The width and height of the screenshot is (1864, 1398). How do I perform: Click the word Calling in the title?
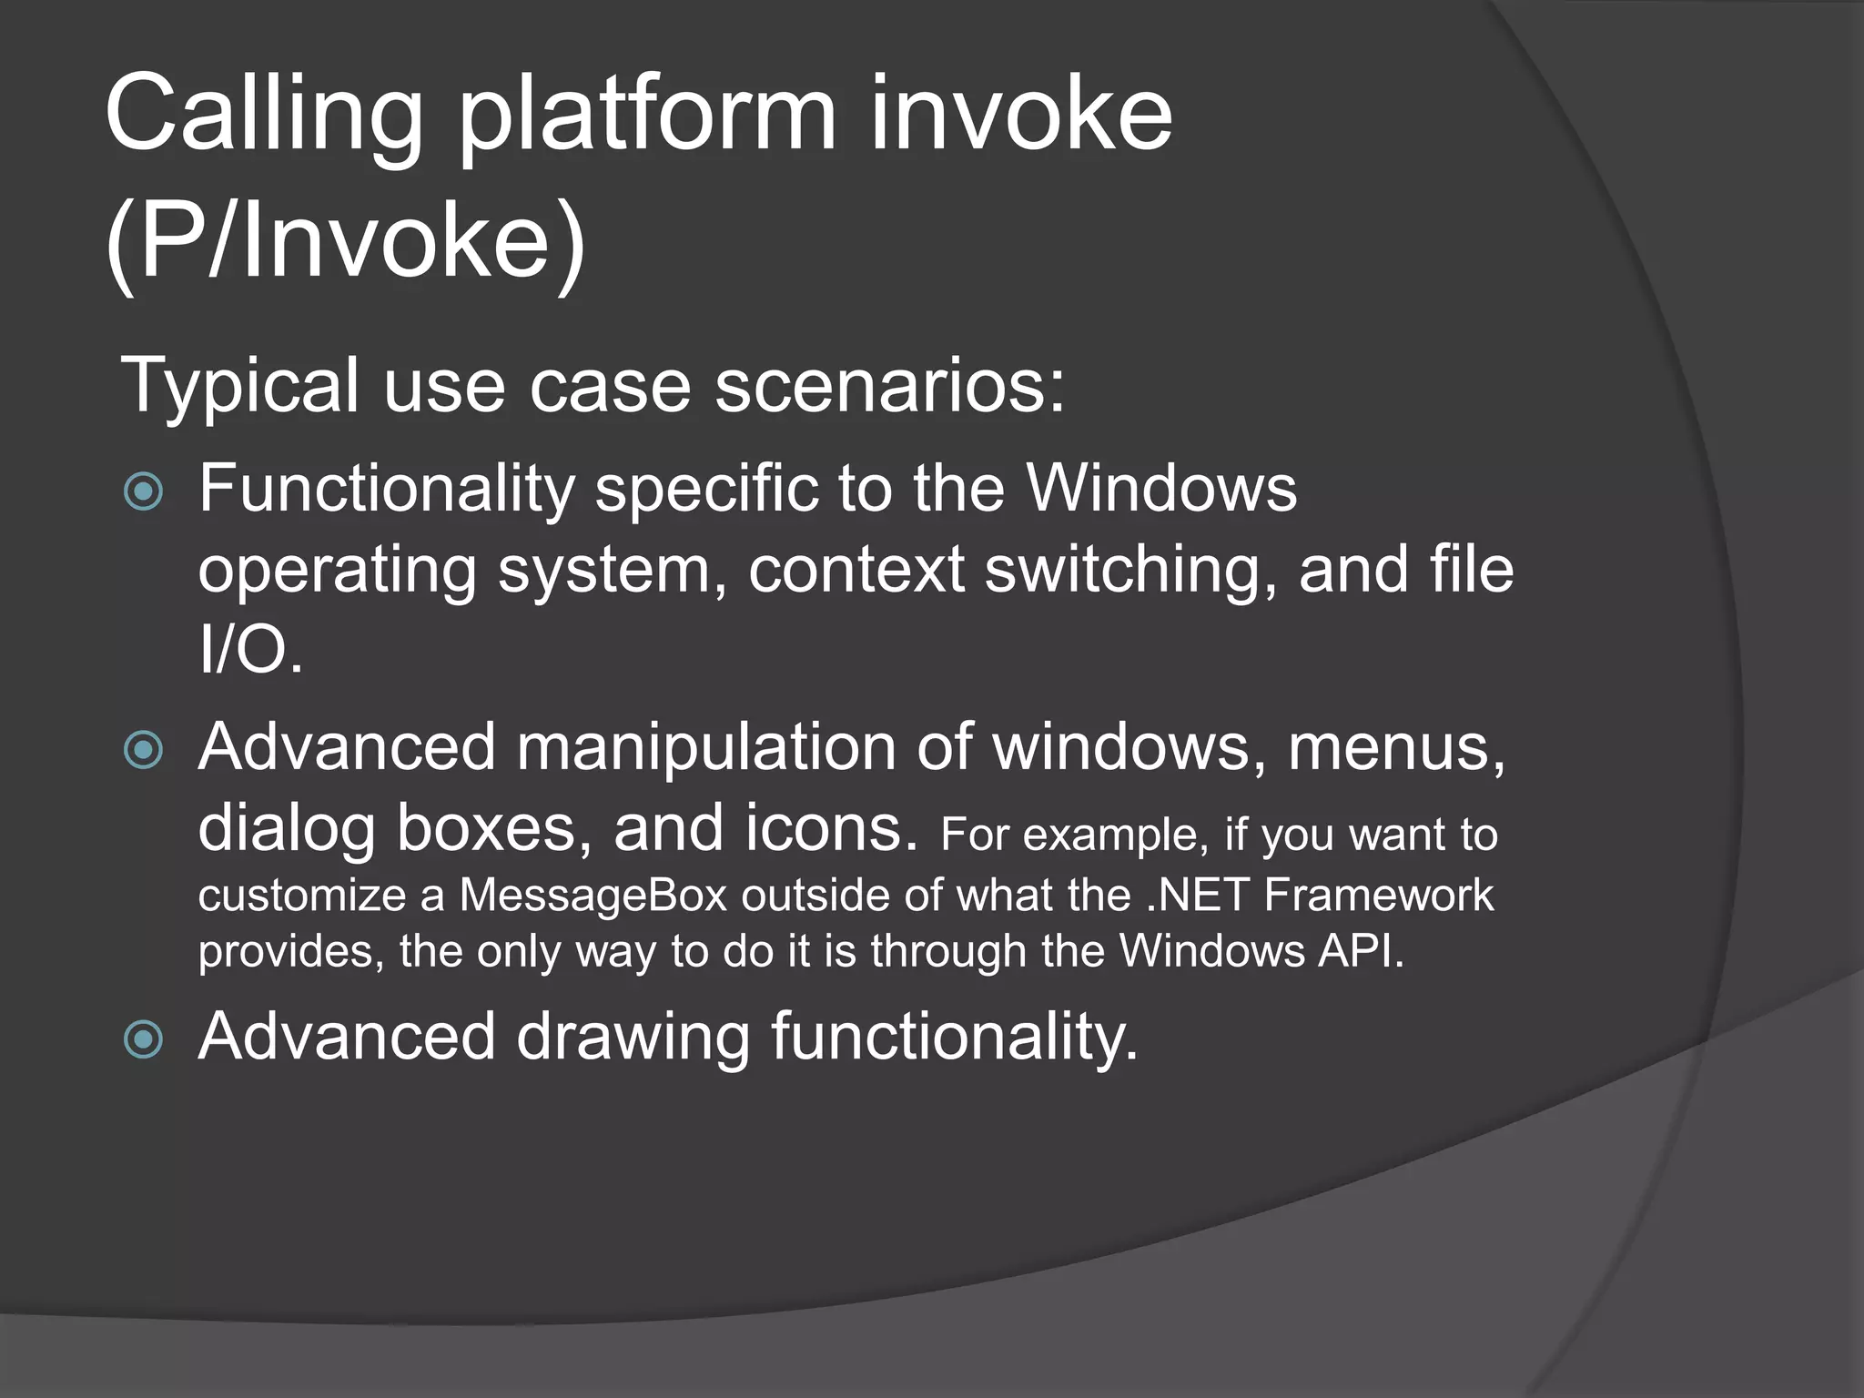(264, 116)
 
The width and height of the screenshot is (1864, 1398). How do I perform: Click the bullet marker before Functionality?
(143, 492)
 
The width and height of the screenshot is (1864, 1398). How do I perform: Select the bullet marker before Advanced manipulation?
(143, 751)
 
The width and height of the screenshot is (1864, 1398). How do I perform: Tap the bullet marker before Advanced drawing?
(143, 1038)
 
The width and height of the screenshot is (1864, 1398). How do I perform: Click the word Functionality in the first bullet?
(386, 490)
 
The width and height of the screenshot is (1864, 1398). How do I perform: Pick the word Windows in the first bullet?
(1161, 490)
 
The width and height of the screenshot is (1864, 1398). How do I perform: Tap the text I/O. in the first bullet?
(250, 650)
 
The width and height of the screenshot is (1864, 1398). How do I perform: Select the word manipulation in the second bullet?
(706, 748)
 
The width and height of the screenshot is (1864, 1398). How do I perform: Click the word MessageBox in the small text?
(593, 896)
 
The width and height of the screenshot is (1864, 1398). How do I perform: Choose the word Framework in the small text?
(1378, 896)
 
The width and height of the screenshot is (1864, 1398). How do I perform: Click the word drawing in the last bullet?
(633, 1038)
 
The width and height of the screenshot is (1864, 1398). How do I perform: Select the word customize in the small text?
(301, 896)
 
